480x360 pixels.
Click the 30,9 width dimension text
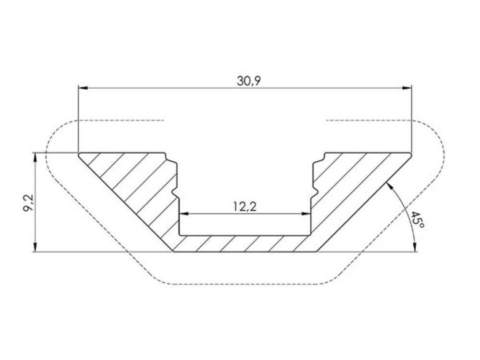tap(249, 81)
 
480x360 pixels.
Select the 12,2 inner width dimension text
tap(245, 207)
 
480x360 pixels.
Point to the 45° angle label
tap(418, 220)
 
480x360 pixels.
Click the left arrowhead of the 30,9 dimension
tap(83, 88)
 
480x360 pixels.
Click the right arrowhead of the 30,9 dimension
tap(407, 88)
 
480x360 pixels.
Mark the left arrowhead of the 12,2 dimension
tap(184, 214)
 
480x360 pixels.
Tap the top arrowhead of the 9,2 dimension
tap(36, 157)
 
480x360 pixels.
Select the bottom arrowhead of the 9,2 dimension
tap(36, 247)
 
